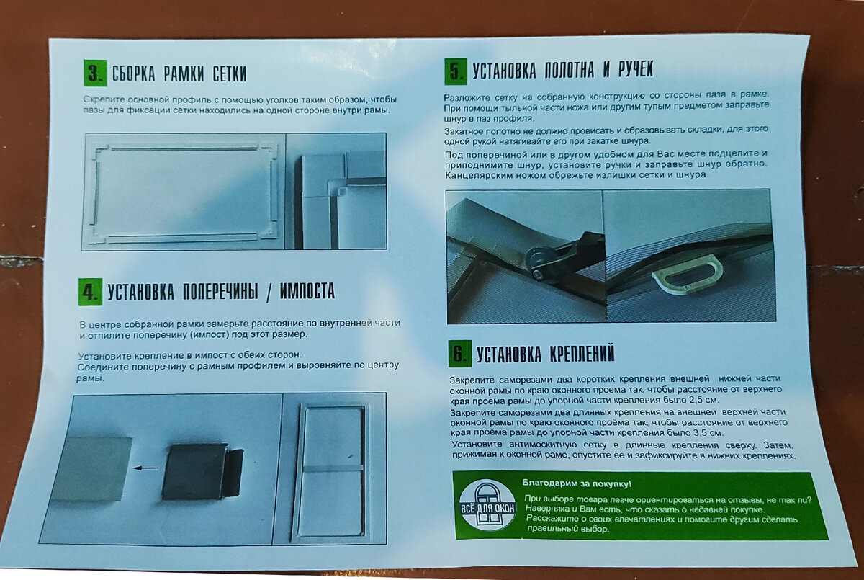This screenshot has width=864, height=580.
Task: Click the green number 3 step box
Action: tap(95, 73)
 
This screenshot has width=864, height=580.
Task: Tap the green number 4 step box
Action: tap(91, 292)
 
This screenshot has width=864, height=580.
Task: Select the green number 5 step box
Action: tap(456, 71)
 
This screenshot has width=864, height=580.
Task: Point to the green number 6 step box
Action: tap(460, 353)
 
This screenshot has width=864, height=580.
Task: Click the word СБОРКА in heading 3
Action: tap(133, 73)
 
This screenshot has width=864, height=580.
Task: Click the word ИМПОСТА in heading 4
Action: tap(307, 291)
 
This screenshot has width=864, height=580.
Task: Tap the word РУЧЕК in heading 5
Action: tap(636, 69)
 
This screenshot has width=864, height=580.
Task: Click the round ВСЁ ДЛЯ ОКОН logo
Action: tap(487, 506)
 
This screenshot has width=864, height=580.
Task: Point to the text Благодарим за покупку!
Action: tap(577, 483)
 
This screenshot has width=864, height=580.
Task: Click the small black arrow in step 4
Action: tap(145, 468)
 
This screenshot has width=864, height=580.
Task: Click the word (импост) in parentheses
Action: tap(209, 334)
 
